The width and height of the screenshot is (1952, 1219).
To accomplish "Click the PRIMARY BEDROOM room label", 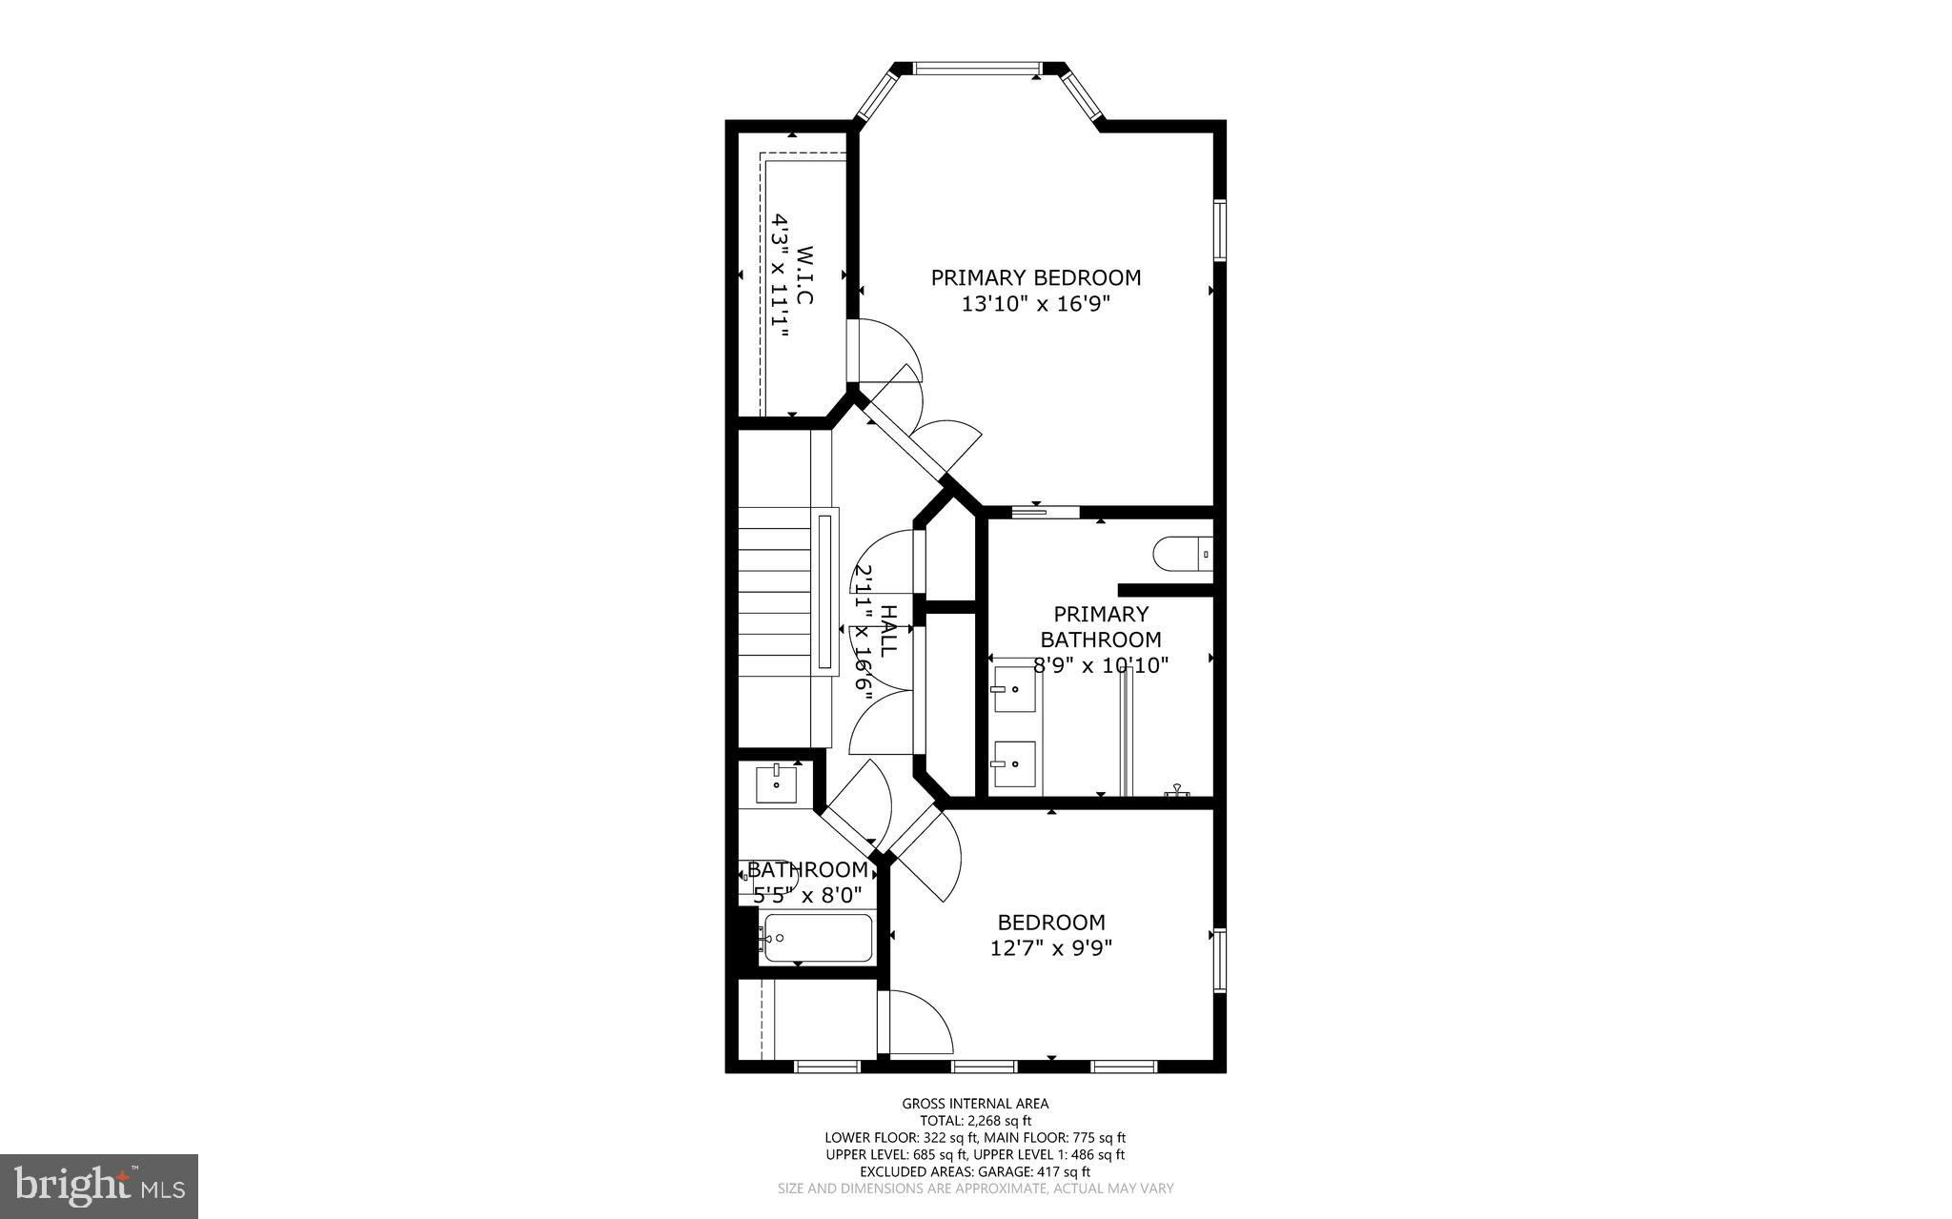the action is tap(1035, 278).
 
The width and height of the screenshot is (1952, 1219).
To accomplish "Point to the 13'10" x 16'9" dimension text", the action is tap(1036, 304).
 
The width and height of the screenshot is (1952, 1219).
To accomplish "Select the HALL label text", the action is tap(887, 630).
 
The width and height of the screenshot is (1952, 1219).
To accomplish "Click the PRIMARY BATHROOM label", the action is tap(1101, 626).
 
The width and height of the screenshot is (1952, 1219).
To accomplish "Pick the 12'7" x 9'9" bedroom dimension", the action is tap(1051, 948).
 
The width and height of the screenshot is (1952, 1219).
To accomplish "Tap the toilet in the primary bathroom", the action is tap(1183, 554).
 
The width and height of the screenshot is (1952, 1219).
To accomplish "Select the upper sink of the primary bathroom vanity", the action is tap(1012, 689).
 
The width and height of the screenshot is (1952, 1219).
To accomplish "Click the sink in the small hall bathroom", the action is tap(777, 783).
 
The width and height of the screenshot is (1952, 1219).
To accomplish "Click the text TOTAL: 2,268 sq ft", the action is tap(975, 1121).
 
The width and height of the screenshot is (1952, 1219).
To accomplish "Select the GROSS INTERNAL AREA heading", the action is tap(975, 1104).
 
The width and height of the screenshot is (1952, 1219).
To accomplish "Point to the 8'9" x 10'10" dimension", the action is tap(1101, 665).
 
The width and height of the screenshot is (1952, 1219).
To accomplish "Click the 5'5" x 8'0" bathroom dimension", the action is tap(807, 896).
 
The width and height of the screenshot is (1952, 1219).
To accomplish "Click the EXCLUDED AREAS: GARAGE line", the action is tap(975, 1172).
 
